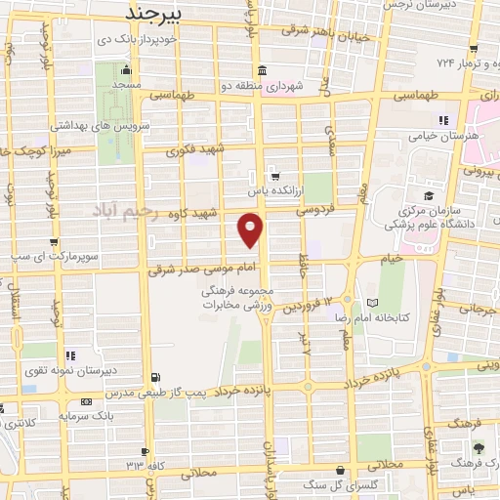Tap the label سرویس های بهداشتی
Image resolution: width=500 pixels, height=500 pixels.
tap(61, 127)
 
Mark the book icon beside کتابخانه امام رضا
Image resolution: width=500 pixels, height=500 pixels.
tap(371, 302)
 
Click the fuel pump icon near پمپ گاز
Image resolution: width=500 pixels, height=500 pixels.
tap(157, 377)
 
